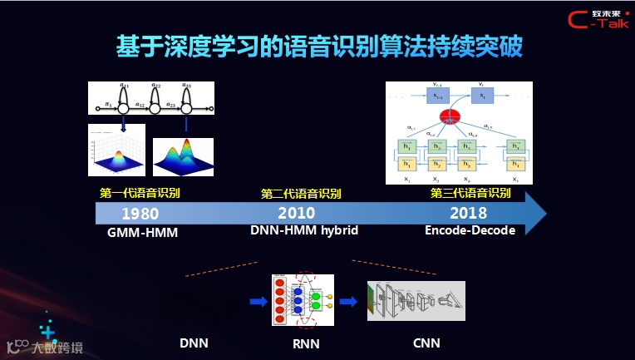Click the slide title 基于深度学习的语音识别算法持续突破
click(318, 47)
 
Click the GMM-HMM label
click(143, 232)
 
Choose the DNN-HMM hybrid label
click(304, 230)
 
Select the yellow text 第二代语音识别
click(302, 194)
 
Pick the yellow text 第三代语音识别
click(470, 194)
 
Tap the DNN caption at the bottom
click(193, 342)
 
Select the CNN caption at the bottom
click(426, 342)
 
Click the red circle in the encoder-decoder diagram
click(450, 116)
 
